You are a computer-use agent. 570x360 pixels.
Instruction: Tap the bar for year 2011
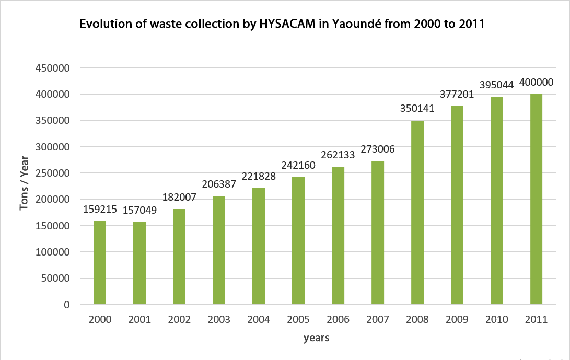coord(537,199)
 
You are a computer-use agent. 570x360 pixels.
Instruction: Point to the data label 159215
coord(100,210)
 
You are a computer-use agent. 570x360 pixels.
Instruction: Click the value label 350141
coord(417,109)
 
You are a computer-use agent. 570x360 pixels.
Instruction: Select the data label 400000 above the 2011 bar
coord(537,83)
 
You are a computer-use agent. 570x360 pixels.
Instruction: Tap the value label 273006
coord(378,149)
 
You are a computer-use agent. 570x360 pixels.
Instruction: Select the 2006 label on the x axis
coord(338,320)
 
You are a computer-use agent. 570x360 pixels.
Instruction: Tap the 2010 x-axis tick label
coord(497,320)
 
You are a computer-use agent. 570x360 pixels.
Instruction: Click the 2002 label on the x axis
coord(179,320)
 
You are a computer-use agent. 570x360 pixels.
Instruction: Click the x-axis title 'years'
coord(316,338)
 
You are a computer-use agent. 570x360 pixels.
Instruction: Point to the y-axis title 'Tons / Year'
coord(24,187)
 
